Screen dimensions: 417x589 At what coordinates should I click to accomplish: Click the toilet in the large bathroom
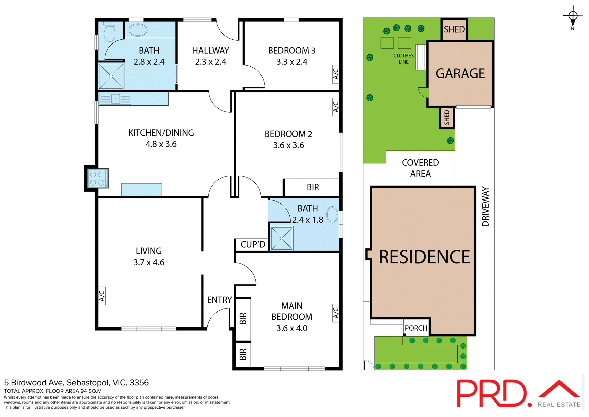pyautogui.click(x=110, y=32)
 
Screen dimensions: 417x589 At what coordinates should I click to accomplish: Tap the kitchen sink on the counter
pyautogui.click(x=115, y=99)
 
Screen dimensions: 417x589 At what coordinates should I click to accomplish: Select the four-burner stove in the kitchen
pyautogui.click(x=98, y=178)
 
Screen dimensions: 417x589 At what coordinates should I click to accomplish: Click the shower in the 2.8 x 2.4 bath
pyautogui.click(x=111, y=76)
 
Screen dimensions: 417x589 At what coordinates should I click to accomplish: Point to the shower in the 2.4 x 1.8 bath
pyautogui.click(x=282, y=238)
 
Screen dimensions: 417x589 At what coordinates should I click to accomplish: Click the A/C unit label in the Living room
pyautogui.click(x=102, y=296)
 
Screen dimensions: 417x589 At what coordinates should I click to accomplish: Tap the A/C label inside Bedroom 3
pyautogui.click(x=336, y=74)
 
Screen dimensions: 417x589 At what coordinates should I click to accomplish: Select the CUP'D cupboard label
pyautogui.click(x=252, y=245)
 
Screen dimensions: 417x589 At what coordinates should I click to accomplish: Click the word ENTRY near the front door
pyautogui.click(x=219, y=300)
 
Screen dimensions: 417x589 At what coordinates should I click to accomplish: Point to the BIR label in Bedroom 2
pyautogui.click(x=313, y=187)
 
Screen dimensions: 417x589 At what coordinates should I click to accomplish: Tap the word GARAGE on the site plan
pyautogui.click(x=460, y=74)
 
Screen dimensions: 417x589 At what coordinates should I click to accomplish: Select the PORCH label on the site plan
pyautogui.click(x=416, y=328)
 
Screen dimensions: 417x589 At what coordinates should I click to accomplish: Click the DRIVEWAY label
pyautogui.click(x=485, y=207)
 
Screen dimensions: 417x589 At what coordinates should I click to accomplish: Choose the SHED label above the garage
pyautogui.click(x=454, y=29)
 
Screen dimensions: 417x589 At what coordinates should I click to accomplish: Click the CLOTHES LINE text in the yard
pyautogui.click(x=403, y=59)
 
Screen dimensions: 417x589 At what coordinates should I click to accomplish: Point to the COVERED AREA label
pyautogui.click(x=420, y=168)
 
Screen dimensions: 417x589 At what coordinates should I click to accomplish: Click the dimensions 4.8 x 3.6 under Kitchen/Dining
pyautogui.click(x=161, y=144)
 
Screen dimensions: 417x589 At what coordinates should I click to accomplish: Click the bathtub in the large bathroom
pyautogui.click(x=138, y=30)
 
